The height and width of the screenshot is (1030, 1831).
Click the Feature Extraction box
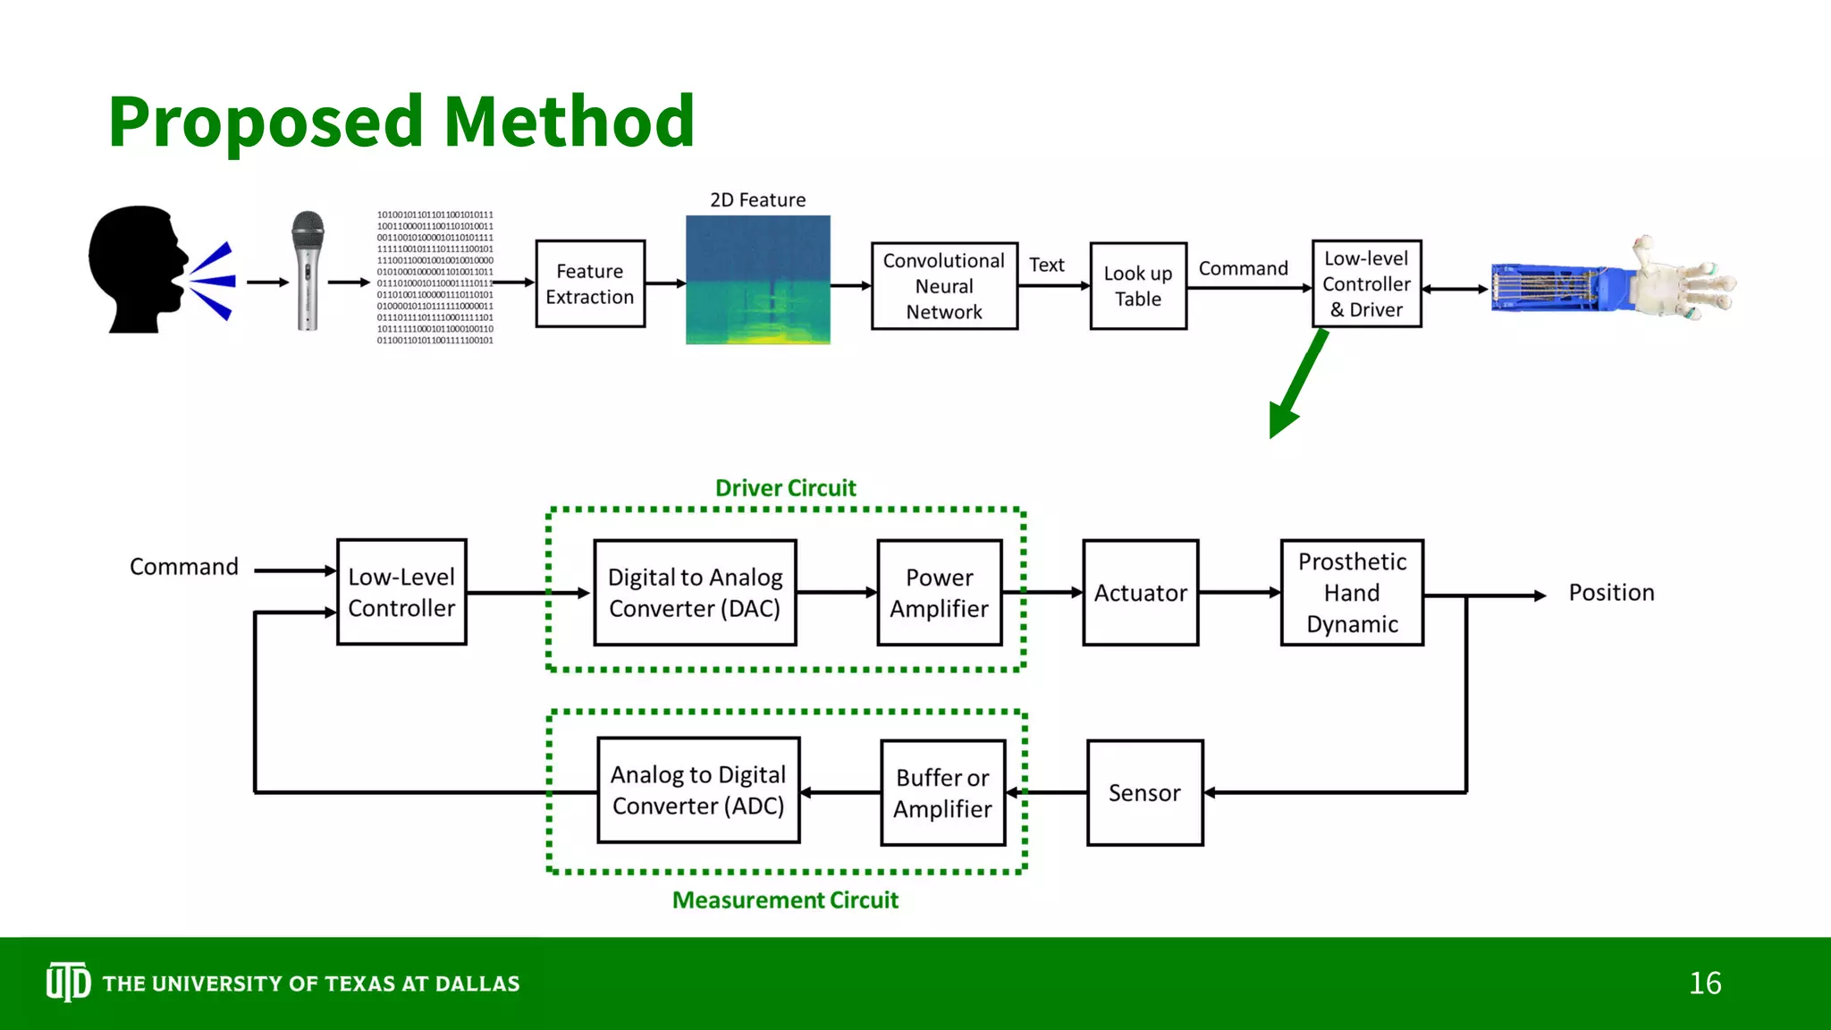[x=590, y=283]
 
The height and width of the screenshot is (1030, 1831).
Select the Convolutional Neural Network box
[x=944, y=286]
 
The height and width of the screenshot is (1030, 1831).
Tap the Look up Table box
[x=1138, y=286]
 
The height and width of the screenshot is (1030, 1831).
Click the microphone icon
[x=308, y=271]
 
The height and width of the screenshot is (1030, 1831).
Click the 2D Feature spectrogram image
[x=757, y=280]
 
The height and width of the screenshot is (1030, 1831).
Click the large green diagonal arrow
[x=1297, y=385]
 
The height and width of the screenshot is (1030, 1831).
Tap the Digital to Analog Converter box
[x=695, y=593]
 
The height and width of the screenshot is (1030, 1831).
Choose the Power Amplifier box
[x=939, y=593]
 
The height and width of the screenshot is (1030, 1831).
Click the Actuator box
[x=1140, y=593]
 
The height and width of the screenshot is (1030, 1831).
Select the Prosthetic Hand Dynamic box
[x=1352, y=593]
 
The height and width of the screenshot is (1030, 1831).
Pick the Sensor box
[x=1144, y=793]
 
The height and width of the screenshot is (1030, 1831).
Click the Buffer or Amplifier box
[x=942, y=793]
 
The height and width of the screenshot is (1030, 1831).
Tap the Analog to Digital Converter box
[x=698, y=790]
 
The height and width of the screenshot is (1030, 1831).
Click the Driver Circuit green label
[x=785, y=488]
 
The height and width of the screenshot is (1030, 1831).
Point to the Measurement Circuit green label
[x=785, y=900]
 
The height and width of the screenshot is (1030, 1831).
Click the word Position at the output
[x=1611, y=593]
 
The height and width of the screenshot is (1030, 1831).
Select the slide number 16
[x=1705, y=984]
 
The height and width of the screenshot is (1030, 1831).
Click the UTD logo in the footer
[x=68, y=983]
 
